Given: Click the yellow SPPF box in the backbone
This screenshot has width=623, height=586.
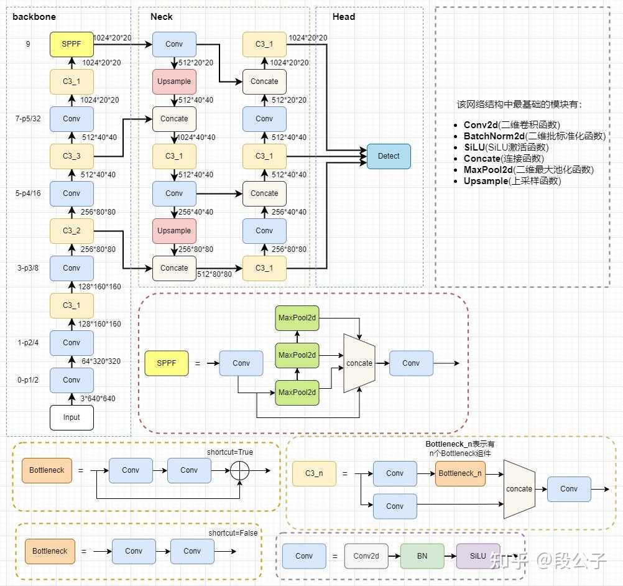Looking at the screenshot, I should tap(72, 45).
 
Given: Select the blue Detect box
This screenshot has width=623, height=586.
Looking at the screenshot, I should tap(389, 156).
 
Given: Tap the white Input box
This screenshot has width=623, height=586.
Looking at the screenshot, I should tap(72, 417).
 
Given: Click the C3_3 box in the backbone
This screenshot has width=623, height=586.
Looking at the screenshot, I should tap(72, 156).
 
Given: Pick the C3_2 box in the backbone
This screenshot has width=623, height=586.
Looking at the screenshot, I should tap(72, 231).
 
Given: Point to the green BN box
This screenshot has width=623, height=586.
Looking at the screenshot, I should tap(422, 556).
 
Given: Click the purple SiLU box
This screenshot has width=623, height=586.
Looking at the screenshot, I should tap(478, 556).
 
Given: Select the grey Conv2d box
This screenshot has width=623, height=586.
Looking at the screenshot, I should tap(366, 556).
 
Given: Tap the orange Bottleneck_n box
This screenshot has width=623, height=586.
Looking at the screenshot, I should tap(460, 473).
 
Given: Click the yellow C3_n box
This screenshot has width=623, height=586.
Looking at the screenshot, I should tap(314, 473).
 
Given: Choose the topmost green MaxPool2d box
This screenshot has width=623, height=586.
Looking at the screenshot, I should tap(297, 318).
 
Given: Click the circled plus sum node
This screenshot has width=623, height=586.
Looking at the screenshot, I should tap(240, 470).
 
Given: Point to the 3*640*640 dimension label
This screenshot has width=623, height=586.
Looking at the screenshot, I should tap(98, 399).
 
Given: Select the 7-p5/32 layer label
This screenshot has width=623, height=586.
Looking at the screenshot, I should tap(29, 119).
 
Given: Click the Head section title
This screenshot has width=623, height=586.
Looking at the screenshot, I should tap(343, 17).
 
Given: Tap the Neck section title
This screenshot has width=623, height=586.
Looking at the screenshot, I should tap(162, 17).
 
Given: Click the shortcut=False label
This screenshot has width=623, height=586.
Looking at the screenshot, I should tap(233, 533).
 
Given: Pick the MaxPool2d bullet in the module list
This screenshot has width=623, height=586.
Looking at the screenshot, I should tap(528, 170).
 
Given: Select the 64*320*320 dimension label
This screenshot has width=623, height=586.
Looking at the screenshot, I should tap(101, 361).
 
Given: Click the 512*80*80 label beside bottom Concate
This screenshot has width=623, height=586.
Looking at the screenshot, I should tap(214, 274).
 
